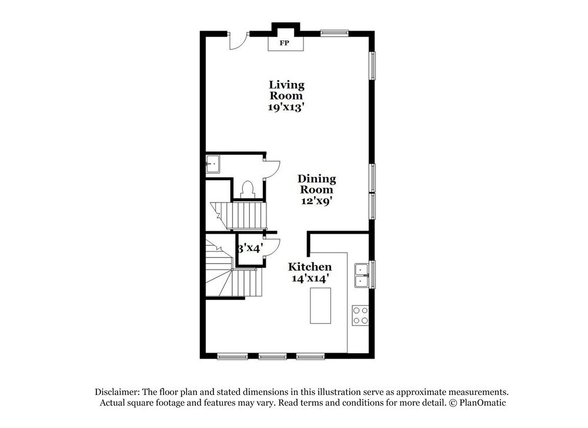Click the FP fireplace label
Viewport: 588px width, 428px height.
(x=285, y=44)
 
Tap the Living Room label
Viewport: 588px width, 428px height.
(x=286, y=90)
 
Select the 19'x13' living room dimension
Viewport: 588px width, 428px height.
(x=286, y=107)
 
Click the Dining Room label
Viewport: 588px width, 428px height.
(x=316, y=184)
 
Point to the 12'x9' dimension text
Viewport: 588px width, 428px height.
(x=316, y=201)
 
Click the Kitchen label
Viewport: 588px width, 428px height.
(x=309, y=267)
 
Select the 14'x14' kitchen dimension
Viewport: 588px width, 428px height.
(x=309, y=278)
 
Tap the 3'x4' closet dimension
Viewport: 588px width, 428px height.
(x=249, y=248)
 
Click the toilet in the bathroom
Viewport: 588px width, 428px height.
(x=248, y=188)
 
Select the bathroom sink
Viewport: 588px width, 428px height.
(x=212, y=165)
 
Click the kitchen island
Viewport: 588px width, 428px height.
(x=320, y=305)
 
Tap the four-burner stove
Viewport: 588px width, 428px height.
(x=360, y=315)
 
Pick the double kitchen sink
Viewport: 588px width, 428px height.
(x=361, y=275)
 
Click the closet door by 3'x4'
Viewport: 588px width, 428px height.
(x=270, y=248)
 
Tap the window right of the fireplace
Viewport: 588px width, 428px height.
(x=335, y=33)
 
